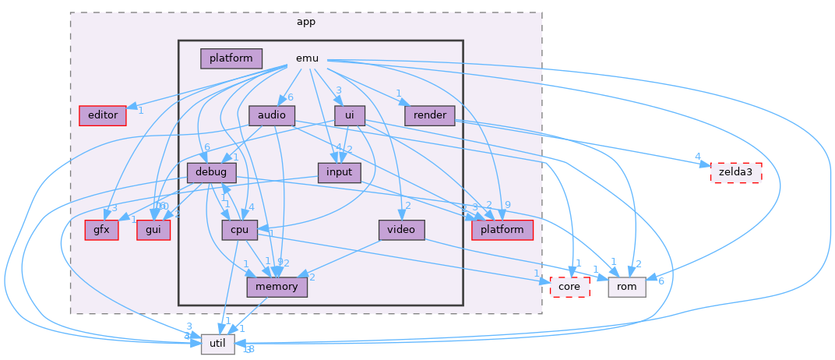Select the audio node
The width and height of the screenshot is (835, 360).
click(272, 116)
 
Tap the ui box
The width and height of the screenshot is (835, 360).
click(350, 116)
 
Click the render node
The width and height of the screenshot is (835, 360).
click(430, 115)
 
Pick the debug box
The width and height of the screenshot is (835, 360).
click(212, 172)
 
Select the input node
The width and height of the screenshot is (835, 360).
click(340, 172)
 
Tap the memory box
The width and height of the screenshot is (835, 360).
click(277, 287)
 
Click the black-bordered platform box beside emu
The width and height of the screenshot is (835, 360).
click(231, 58)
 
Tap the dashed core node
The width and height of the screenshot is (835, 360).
click(569, 287)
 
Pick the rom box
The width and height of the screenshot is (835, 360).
click(627, 287)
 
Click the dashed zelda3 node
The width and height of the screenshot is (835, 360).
click(735, 172)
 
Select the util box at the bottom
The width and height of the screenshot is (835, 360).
click(217, 344)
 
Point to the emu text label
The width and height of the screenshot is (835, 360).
click(307, 58)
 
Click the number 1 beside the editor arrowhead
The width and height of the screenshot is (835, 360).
click(141, 111)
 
